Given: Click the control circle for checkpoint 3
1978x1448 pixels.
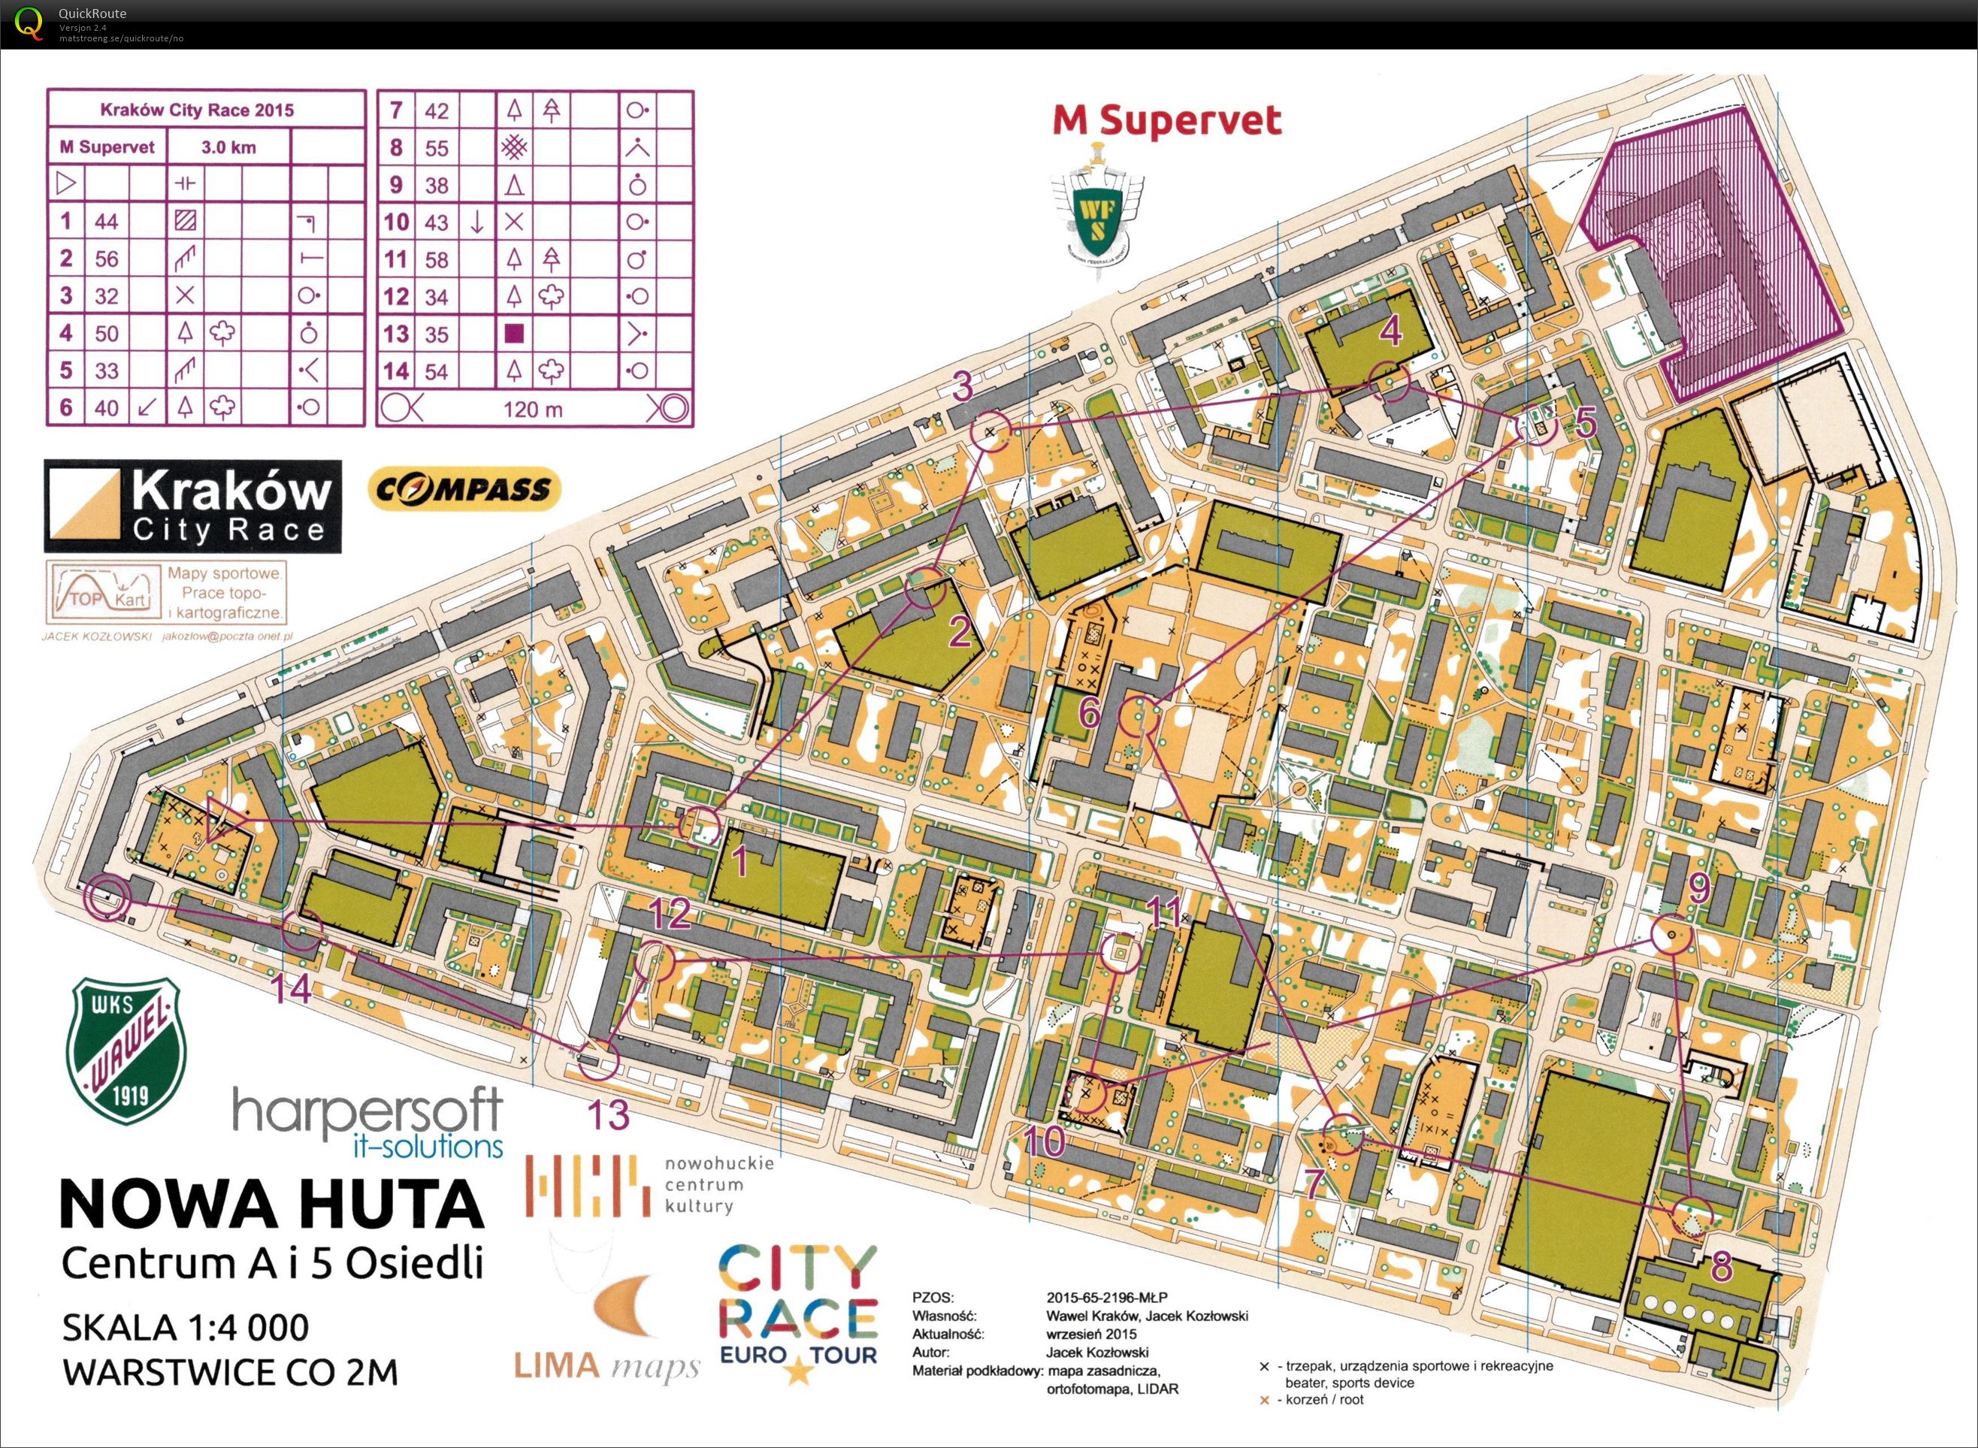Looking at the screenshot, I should (x=992, y=431).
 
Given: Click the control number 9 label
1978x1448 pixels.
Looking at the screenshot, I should (x=1698, y=889).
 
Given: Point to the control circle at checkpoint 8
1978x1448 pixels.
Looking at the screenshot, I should (x=1692, y=1217).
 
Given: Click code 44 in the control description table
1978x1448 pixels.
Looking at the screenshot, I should (x=106, y=221).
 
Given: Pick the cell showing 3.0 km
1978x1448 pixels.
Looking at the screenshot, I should (x=228, y=147).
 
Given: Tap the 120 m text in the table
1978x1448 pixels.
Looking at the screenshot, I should (x=533, y=409).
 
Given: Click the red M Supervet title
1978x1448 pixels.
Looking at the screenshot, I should (x=1166, y=121).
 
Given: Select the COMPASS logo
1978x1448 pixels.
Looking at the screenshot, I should (x=464, y=489).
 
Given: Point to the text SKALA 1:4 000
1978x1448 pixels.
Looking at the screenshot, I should (x=185, y=1327).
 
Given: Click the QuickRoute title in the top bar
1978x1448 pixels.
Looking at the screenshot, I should (x=92, y=13).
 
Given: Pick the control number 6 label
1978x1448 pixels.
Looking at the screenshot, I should (x=1088, y=712).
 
